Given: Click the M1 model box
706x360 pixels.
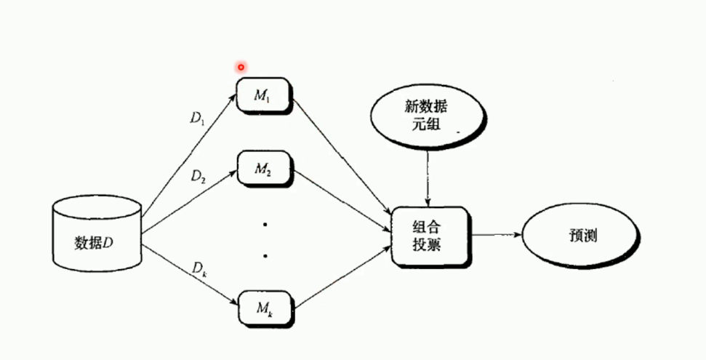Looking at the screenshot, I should pyautogui.click(x=264, y=95).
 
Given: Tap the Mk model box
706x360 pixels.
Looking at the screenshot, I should pyautogui.click(x=264, y=308).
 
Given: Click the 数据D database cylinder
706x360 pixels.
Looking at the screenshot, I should pyautogui.click(x=96, y=232).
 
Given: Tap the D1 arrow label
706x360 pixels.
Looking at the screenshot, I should pyautogui.click(x=197, y=118).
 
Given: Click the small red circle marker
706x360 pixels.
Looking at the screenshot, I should pyautogui.click(x=241, y=67).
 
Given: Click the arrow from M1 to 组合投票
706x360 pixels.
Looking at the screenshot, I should pyautogui.click(x=342, y=160).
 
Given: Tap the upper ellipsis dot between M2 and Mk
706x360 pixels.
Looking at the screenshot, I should pyautogui.click(x=265, y=225).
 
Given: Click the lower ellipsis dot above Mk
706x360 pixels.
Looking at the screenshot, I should pyautogui.click(x=265, y=256).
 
